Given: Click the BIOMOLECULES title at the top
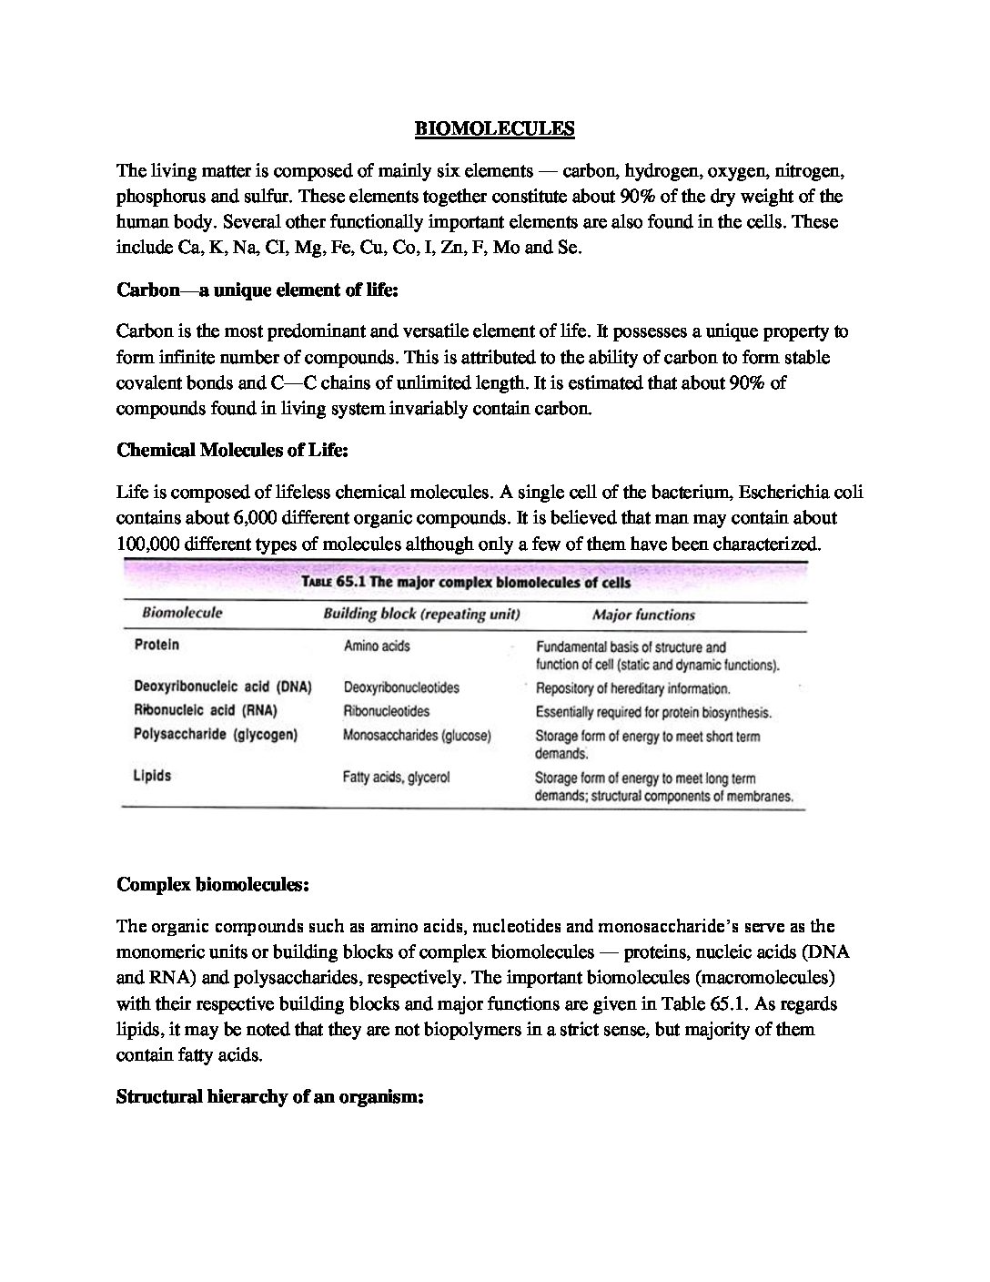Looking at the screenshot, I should pyautogui.click(x=495, y=128).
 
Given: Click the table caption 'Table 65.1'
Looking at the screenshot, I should pyautogui.click(x=466, y=583).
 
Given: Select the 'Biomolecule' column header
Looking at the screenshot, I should pyautogui.click(x=182, y=614).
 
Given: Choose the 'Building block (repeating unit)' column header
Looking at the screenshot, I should pyautogui.click(x=421, y=615).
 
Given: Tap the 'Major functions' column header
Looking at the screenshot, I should pyautogui.click(x=643, y=616).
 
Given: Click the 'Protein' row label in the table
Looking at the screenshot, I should pyautogui.click(x=157, y=646).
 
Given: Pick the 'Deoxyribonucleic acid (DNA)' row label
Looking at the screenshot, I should pyautogui.click(x=223, y=687).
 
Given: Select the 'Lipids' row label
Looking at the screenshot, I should pyautogui.click(x=152, y=777).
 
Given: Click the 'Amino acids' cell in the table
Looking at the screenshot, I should pyautogui.click(x=377, y=646).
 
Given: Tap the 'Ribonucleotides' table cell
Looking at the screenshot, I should pyautogui.click(x=387, y=711).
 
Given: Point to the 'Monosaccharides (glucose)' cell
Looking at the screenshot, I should pyautogui.click(x=417, y=736).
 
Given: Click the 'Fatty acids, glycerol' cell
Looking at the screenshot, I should pyautogui.click(x=396, y=778).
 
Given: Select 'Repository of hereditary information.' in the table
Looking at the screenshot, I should pyautogui.click(x=633, y=688).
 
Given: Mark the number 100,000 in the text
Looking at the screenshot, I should pyautogui.click(x=147, y=544).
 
